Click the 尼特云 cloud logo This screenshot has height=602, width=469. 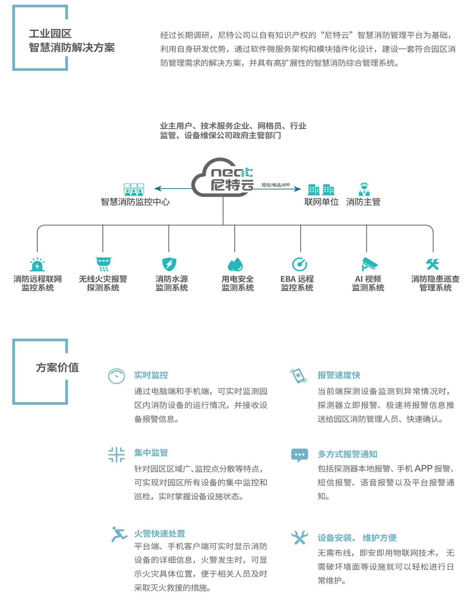223,178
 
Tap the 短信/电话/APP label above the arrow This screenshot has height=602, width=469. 276,185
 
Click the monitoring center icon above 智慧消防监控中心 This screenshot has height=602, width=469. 134,190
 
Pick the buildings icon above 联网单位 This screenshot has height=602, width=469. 321,190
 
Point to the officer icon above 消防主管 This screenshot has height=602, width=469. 364,189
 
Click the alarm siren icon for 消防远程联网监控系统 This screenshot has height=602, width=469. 37,265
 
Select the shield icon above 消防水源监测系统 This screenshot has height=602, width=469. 169,264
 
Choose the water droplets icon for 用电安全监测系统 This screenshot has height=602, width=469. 235,265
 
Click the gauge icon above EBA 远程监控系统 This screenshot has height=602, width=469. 300,265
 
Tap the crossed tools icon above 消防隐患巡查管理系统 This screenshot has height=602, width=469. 433,264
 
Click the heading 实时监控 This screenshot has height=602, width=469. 151,375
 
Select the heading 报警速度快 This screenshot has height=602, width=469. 339,375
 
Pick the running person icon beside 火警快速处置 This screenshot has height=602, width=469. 119,534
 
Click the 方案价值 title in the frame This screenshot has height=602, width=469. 57,367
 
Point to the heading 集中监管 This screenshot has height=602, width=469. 151,453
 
